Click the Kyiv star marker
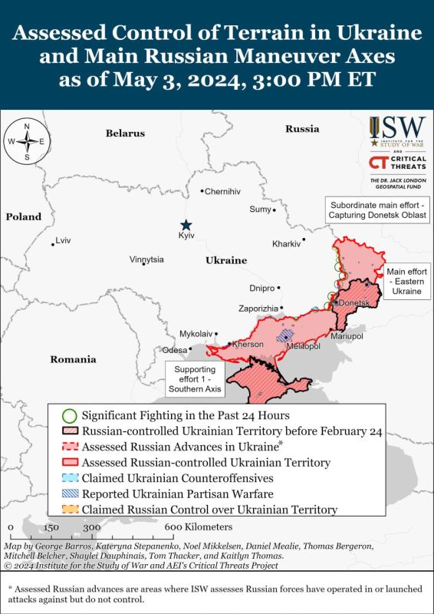[186, 223]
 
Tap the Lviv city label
[63, 241]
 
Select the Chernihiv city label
[222, 191]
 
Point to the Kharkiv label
[287, 244]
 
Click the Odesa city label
[175, 350]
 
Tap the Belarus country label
[125, 134]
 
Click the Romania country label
[73, 359]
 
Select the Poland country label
[24, 217]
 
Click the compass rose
[27, 141]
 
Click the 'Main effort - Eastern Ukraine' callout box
[406, 282]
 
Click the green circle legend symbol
[68, 415]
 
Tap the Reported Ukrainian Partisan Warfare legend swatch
[68, 494]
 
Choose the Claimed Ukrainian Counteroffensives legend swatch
[68, 478]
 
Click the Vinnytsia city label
[146, 259]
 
